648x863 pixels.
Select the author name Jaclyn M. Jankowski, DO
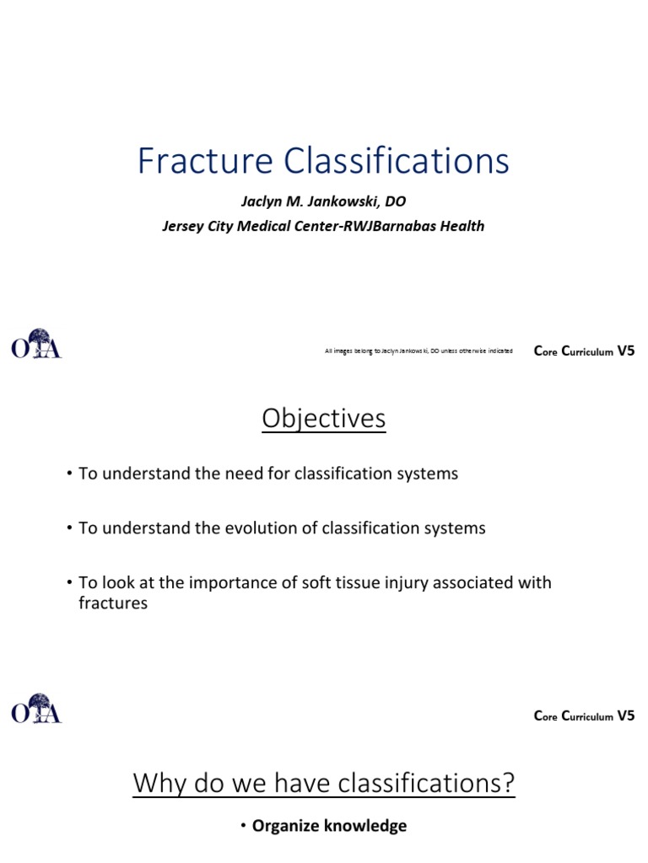324,201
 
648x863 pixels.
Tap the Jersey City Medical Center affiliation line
324,226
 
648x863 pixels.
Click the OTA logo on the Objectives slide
36,709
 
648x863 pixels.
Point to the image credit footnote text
418,351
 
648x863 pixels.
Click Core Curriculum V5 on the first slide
584,351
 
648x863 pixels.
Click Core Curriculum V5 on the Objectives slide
584,716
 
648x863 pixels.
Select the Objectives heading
324,419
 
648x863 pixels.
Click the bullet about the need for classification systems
267,474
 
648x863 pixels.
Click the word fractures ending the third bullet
113,603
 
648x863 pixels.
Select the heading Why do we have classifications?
324,784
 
